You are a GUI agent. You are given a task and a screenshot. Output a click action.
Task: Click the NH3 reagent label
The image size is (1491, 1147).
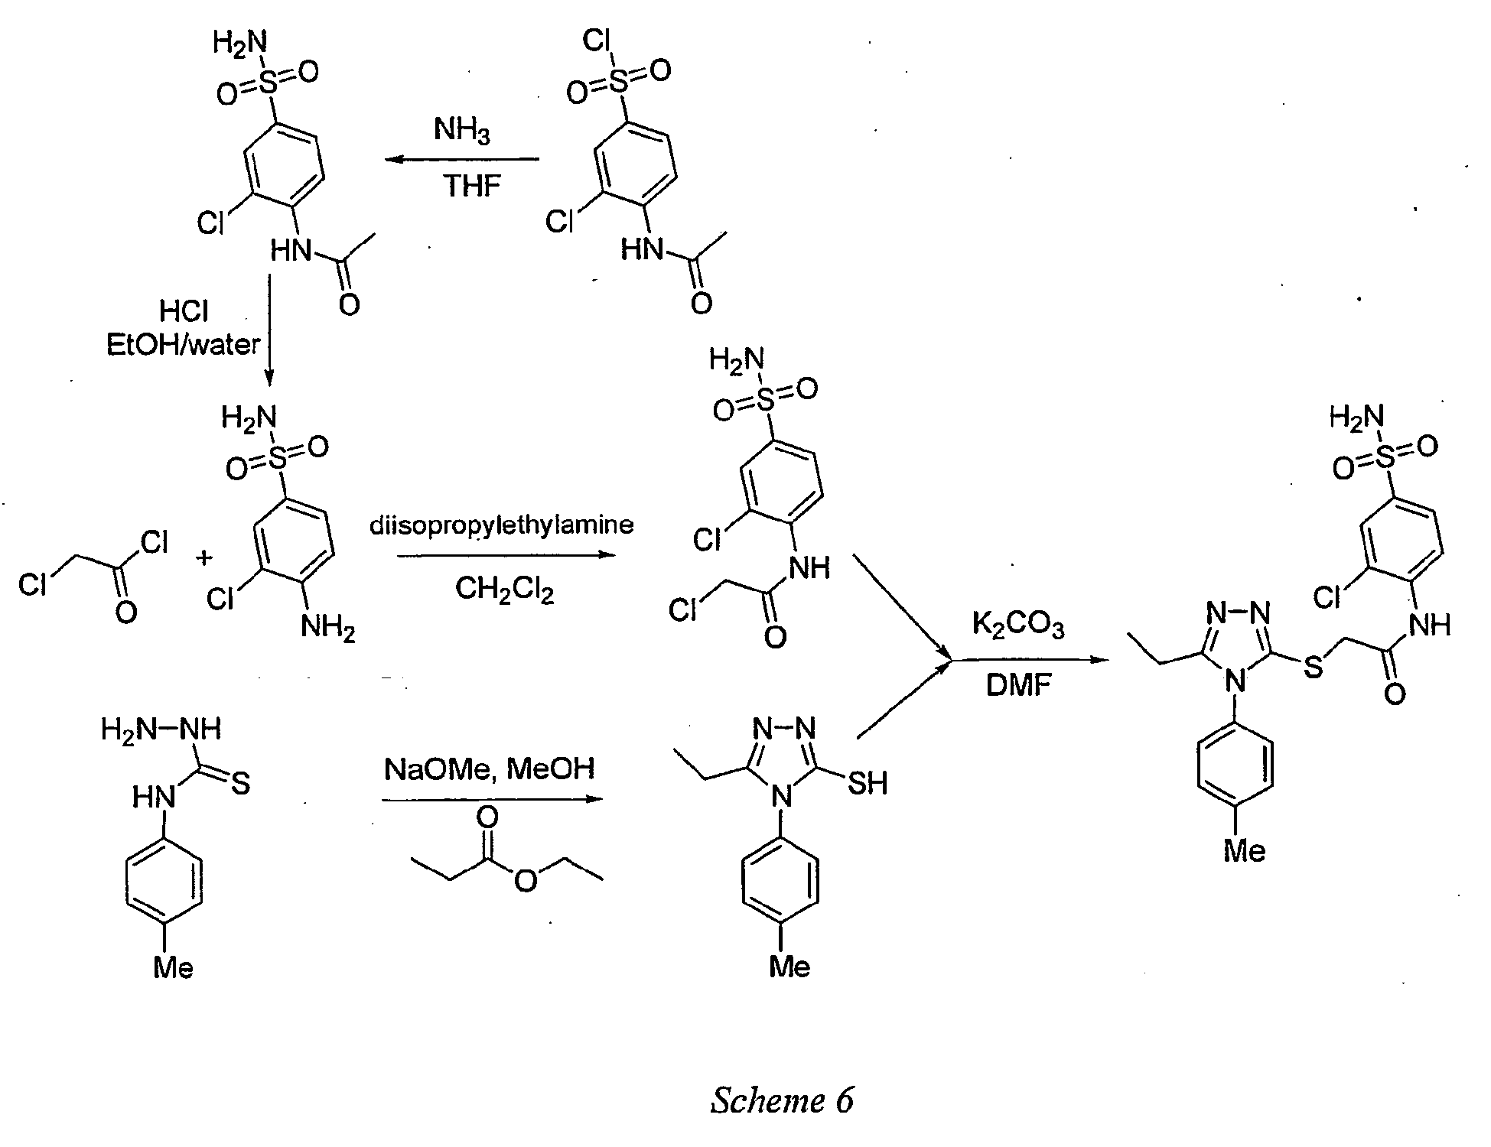coord(461,131)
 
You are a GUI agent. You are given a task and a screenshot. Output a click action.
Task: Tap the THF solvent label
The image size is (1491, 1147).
coord(472,187)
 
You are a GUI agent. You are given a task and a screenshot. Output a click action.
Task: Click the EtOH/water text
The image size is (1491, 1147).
coord(184,345)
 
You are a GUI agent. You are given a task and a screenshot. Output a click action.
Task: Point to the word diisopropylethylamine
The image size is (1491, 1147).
coord(502,525)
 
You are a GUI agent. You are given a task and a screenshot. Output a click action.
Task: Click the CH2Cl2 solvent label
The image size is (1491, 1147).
coord(505,590)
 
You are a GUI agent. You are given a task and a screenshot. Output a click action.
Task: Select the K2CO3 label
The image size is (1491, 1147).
coord(1018,626)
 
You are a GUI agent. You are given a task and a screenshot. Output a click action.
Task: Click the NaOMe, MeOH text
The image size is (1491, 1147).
coord(490,768)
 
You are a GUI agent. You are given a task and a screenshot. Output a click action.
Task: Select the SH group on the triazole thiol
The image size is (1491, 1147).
coord(867,783)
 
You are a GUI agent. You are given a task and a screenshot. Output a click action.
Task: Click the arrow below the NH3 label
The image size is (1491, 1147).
coord(461,160)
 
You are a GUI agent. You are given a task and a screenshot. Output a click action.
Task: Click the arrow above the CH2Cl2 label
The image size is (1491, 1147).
coord(506,556)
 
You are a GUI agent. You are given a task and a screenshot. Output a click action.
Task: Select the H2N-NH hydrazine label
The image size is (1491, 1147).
coord(161,729)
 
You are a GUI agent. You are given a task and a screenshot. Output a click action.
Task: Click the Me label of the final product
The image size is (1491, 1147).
coord(1245,850)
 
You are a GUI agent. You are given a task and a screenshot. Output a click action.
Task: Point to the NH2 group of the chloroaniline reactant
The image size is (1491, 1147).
coord(328,629)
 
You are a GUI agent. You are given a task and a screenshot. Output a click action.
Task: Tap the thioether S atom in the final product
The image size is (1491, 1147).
coord(1313,666)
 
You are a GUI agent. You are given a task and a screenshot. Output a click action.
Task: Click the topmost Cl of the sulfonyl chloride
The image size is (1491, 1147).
coord(595,41)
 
